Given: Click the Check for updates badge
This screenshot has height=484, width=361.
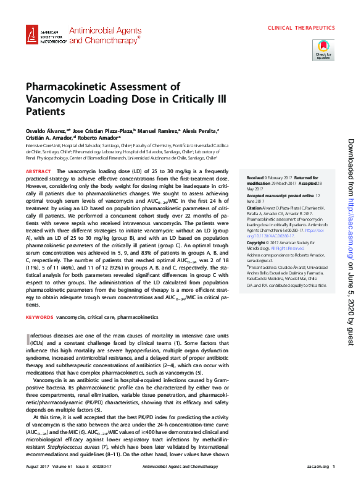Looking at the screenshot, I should [323, 49].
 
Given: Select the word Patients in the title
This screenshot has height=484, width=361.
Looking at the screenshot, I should [45, 112].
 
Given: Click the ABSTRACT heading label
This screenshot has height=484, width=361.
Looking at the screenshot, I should [38, 171].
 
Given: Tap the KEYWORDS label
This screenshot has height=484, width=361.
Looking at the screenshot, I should [39, 316].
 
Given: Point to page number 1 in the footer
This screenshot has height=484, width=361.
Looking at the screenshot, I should [333, 467].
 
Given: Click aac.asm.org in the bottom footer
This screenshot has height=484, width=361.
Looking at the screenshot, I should [317, 467].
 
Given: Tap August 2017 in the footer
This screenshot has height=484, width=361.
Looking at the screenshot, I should [38, 467].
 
